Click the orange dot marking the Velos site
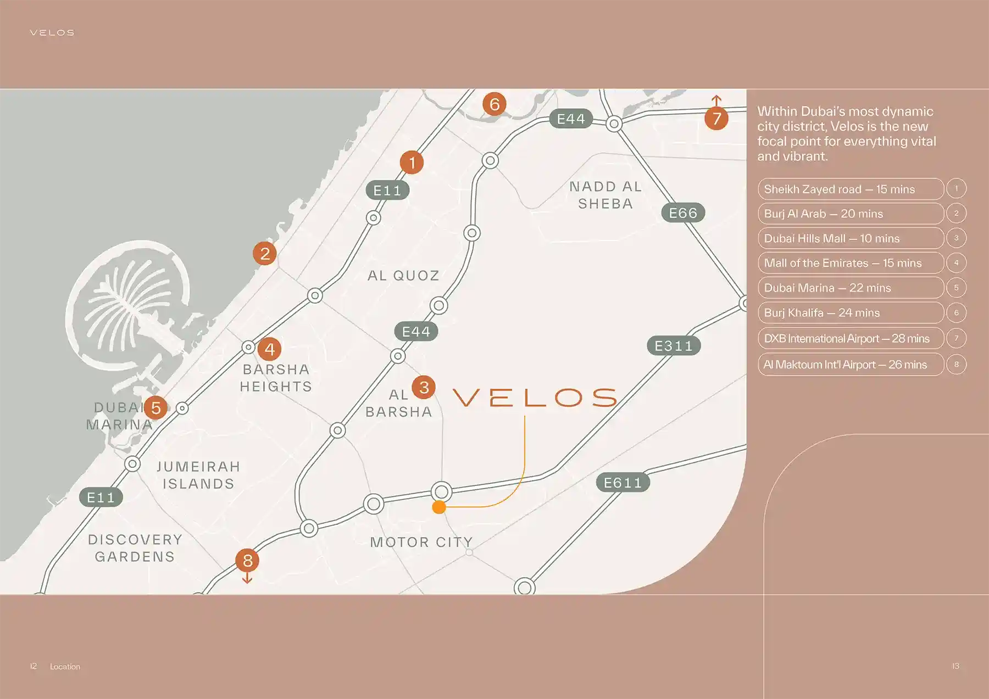coord(438,507)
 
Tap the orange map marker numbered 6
coord(494,104)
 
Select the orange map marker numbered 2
coord(265,254)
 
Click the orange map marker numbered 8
coord(247,560)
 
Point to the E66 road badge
coord(683,213)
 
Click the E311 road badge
coord(674,346)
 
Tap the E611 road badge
coord(623,483)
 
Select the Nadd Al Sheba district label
coord(605,195)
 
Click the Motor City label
coord(421,542)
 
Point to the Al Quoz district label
coord(403,276)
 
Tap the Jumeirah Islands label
coord(198,475)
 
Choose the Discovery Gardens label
coord(135,548)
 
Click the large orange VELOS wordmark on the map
coord(535,398)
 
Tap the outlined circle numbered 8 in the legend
coord(956,364)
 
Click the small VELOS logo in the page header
coord(52,33)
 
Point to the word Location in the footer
coord(65,667)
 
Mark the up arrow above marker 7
coord(716,100)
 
